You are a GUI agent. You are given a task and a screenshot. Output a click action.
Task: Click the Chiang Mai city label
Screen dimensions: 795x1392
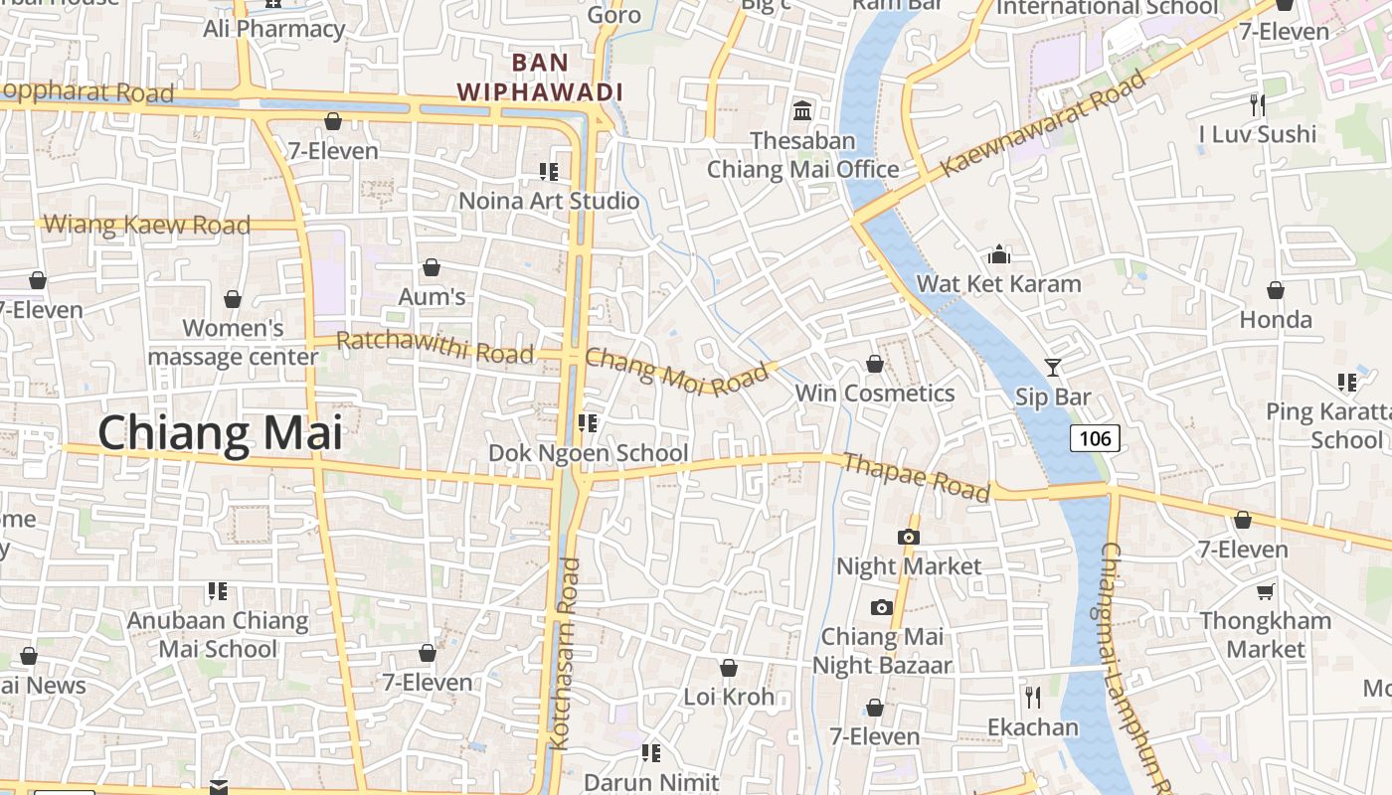point(220,434)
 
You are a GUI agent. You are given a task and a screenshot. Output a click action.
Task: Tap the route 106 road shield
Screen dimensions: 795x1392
point(1095,437)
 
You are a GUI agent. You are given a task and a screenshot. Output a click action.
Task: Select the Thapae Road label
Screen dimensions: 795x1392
point(916,477)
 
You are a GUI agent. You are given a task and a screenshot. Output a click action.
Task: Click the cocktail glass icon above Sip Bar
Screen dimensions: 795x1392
point(1053,367)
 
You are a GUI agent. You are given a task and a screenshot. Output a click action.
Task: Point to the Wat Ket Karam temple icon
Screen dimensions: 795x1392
point(999,255)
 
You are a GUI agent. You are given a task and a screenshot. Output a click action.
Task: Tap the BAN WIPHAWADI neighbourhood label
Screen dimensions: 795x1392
point(540,78)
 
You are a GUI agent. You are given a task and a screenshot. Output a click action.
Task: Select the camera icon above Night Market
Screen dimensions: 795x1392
point(908,537)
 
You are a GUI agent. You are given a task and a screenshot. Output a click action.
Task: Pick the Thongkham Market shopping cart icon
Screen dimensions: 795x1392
point(1265,592)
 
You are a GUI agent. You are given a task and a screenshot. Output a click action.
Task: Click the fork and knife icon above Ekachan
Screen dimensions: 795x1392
point(1033,697)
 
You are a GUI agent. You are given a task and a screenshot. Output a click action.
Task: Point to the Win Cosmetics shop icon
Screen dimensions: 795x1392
point(875,365)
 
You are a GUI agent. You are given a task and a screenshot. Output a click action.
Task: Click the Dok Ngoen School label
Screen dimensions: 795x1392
point(588,453)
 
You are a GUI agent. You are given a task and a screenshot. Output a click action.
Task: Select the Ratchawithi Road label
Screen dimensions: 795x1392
point(435,346)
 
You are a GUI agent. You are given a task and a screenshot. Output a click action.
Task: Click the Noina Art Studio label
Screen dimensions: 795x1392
point(549,201)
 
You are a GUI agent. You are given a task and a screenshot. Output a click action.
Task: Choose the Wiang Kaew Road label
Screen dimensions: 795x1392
point(147,225)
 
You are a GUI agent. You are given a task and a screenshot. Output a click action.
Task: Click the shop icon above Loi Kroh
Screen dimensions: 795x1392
point(729,668)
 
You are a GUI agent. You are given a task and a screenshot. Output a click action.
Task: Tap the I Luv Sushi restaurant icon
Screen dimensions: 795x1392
point(1258,104)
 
